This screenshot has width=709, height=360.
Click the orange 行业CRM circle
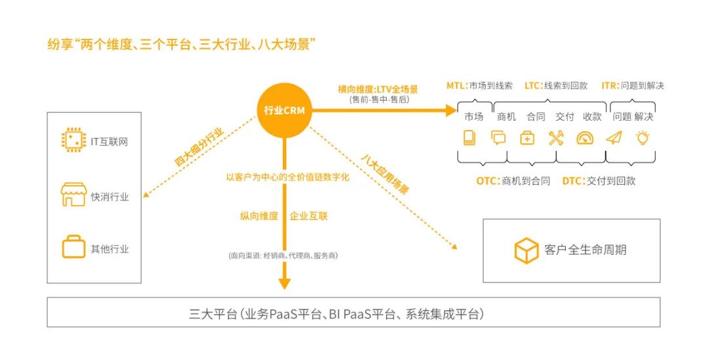[x=284, y=110]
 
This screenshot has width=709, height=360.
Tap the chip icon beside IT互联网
[x=74, y=140]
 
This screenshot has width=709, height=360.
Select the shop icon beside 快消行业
[x=74, y=195]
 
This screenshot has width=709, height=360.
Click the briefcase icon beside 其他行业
[x=74, y=247]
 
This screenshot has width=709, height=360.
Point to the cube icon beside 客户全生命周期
[x=526, y=250]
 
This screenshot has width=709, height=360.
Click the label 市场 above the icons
[x=473, y=117]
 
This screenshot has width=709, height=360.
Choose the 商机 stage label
[x=506, y=117]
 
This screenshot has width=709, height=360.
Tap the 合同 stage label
[x=536, y=117]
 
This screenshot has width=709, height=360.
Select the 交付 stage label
[x=565, y=117]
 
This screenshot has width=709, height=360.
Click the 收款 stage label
[x=592, y=117]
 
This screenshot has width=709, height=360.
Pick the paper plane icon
[x=614, y=138]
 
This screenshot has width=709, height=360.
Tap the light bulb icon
[x=643, y=137]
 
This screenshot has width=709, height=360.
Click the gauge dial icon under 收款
[x=585, y=138]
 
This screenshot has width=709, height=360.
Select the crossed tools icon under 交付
[x=556, y=138]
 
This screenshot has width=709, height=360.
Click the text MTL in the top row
[x=456, y=85]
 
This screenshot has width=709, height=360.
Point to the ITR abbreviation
[x=609, y=85]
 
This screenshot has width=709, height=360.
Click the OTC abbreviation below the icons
[x=486, y=181]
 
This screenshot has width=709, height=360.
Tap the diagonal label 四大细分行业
[x=200, y=147]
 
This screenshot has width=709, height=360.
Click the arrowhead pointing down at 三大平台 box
[x=284, y=284]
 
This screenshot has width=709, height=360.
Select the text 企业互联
[x=309, y=216]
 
